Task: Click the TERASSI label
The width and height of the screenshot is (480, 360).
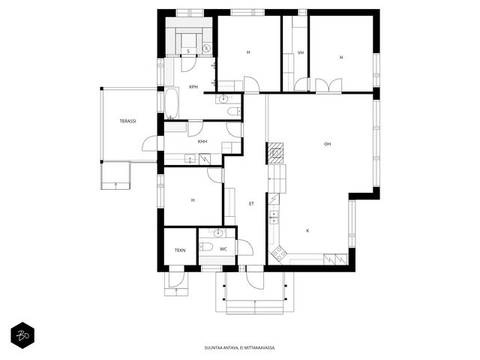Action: click(x=127, y=121)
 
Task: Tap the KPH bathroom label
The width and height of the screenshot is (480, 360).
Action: click(x=193, y=87)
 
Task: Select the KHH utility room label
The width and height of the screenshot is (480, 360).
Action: click(x=202, y=142)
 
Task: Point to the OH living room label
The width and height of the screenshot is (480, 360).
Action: click(x=327, y=144)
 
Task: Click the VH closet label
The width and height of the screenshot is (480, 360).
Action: click(x=301, y=52)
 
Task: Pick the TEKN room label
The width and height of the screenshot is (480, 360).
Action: click(x=180, y=250)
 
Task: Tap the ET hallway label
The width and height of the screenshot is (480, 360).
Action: click(x=251, y=203)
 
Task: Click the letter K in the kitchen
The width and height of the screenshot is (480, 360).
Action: click(x=307, y=231)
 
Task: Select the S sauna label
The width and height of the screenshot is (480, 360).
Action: click(x=188, y=52)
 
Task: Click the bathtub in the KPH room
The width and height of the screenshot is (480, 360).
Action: click(x=172, y=103)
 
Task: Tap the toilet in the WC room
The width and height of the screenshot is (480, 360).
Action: click(x=205, y=247)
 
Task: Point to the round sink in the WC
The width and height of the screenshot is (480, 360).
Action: click(x=218, y=233)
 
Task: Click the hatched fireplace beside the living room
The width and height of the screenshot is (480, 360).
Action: click(x=277, y=153)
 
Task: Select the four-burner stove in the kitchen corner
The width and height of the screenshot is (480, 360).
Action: click(x=278, y=253)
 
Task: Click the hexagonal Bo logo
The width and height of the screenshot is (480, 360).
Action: click(x=22, y=335)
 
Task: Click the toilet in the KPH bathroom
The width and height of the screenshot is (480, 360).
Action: click(x=234, y=112)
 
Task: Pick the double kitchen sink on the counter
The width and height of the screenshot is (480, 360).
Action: click(x=274, y=217)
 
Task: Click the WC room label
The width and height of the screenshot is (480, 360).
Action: click(x=223, y=249)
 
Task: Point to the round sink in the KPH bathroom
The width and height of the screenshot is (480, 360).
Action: click(x=223, y=98)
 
